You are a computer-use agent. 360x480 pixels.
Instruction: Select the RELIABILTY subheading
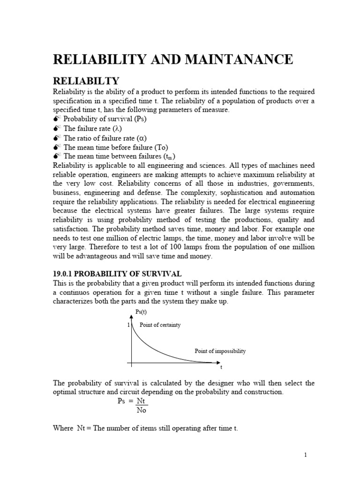coord(87,81)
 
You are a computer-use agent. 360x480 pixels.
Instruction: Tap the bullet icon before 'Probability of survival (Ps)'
coord(57,119)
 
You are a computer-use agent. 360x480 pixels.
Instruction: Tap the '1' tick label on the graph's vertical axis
coord(128,325)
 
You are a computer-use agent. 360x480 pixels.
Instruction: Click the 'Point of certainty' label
coord(160,325)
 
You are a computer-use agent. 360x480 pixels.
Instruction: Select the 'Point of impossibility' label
coord(220,351)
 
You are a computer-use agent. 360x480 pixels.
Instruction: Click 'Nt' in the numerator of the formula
coord(142,401)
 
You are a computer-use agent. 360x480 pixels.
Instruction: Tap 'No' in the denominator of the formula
coord(142,410)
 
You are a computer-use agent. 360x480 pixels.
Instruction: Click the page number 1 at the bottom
coord(305,455)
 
